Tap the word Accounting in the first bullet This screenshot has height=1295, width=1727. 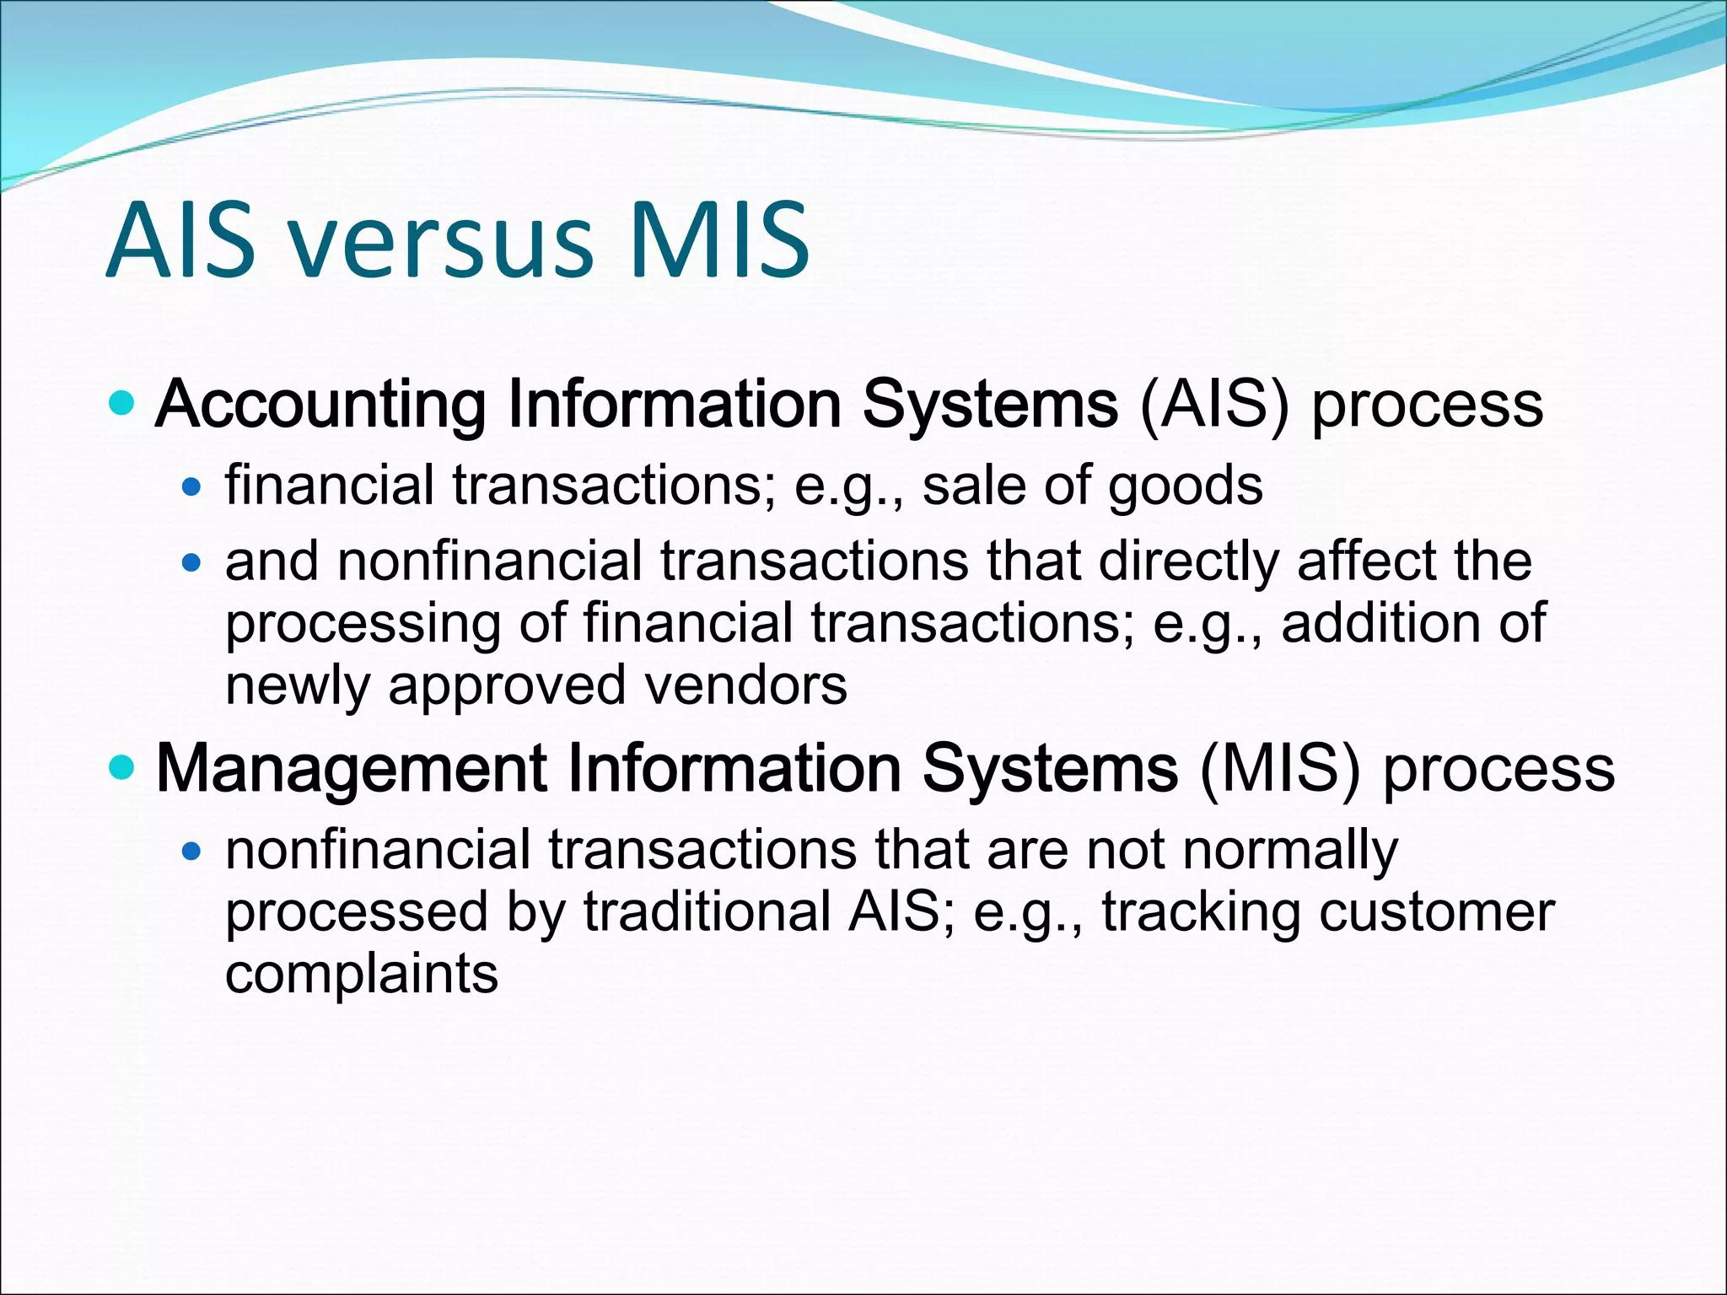(x=320, y=406)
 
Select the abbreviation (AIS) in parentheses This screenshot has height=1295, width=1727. (x=1214, y=406)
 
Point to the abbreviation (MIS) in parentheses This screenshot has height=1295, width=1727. (x=1280, y=769)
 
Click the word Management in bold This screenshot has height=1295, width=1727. (x=352, y=769)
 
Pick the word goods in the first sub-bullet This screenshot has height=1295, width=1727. (x=1185, y=487)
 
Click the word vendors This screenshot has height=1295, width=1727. (x=745, y=685)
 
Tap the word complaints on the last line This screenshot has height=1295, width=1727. (x=362, y=975)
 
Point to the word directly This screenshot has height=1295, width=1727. (x=1188, y=562)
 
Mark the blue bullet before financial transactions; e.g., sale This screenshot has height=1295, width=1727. (x=192, y=487)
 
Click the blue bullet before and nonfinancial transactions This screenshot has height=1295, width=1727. (x=192, y=562)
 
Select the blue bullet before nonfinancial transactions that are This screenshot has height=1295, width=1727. (x=192, y=852)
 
